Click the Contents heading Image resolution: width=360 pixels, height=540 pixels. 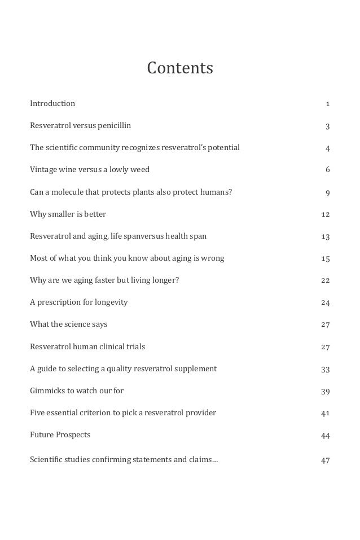point(180,68)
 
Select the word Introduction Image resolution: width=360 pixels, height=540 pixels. point(52,103)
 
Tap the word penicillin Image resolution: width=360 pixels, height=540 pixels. point(115,125)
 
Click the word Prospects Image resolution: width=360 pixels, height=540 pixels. point(73,434)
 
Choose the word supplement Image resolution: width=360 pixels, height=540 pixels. point(196,368)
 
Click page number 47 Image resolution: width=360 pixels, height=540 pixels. point(325,460)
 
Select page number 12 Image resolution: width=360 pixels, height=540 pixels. point(325,214)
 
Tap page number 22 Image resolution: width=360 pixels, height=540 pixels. point(325,280)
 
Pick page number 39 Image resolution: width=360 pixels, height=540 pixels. point(325,391)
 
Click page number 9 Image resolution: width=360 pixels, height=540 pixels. point(327,193)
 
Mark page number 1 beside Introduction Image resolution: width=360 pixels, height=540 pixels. point(328,104)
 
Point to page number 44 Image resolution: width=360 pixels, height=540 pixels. point(325,436)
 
